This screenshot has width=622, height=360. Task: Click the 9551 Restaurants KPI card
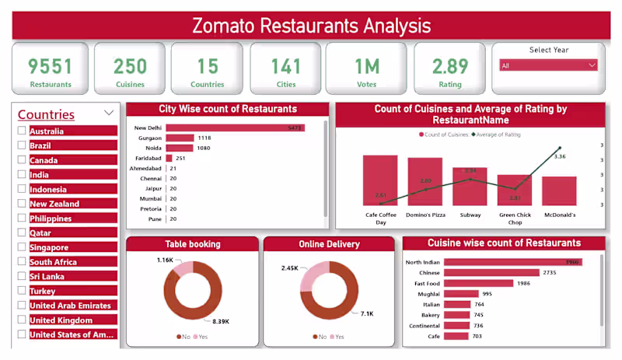point(50,69)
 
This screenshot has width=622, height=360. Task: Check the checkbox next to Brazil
point(22,145)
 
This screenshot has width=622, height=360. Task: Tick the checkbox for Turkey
point(22,291)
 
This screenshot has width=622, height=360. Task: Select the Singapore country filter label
point(48,247)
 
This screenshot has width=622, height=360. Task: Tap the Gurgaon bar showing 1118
point(178,138)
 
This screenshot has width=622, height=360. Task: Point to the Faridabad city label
point(148,158)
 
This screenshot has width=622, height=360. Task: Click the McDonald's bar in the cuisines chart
point(559,190)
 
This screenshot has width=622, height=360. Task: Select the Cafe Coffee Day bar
point(380,180)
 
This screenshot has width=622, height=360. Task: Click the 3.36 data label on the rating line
point(560,156)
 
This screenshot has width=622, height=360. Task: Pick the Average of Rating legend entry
point(495,135)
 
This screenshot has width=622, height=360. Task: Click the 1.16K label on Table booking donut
point(164,260)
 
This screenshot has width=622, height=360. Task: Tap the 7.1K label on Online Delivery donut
point(366,313)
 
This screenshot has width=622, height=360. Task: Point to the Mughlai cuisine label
point(428,294)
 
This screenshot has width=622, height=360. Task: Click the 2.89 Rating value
point(450,66)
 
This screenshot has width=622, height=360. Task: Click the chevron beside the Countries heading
point(108,114)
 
